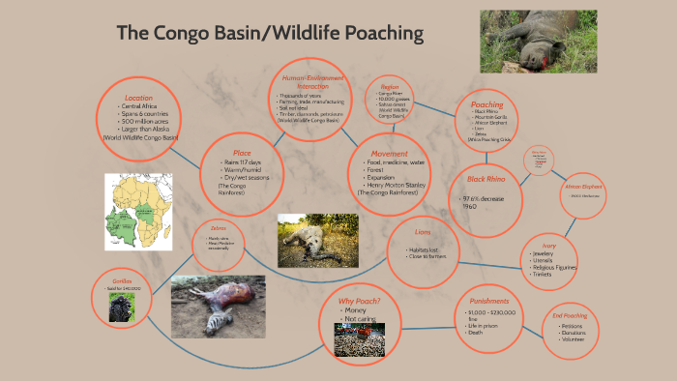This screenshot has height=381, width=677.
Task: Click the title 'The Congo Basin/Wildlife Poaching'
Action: click(270, 34)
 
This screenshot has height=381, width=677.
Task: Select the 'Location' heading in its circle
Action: click(138, 98)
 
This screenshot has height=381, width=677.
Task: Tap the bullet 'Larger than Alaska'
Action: click(140, 130)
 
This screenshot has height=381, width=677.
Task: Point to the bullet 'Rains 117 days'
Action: click(244, 162)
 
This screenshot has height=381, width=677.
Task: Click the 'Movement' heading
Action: click(390, 153)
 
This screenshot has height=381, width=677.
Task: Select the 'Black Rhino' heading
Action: click(486, 179)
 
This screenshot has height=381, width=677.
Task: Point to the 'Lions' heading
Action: click(422, 232)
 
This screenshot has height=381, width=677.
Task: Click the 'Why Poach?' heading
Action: click(359, 301)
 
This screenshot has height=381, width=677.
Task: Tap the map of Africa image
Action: click(137, 211)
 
